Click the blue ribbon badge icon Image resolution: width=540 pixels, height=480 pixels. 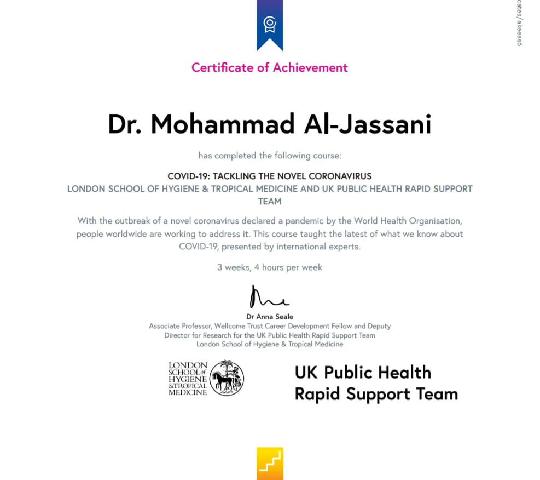pos(270,24)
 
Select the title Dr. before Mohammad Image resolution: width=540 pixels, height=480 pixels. pos(125,124)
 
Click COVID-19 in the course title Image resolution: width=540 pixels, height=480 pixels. pos(188,176)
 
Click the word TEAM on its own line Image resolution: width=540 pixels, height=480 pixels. pos(270,201)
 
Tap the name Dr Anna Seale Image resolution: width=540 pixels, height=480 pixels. pos(270,316)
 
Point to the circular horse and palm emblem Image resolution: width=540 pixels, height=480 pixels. pos(227,378)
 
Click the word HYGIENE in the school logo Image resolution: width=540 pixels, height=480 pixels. pos(188,378)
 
